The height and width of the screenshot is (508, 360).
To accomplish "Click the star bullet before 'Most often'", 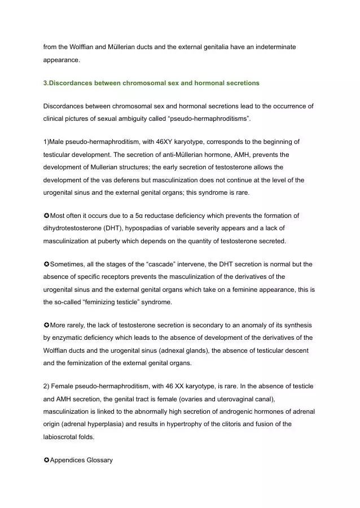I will (46, 216).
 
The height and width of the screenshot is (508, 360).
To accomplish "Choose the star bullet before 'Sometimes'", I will (46, 264).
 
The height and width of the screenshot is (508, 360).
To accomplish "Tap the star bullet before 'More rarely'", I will (46, 325).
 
